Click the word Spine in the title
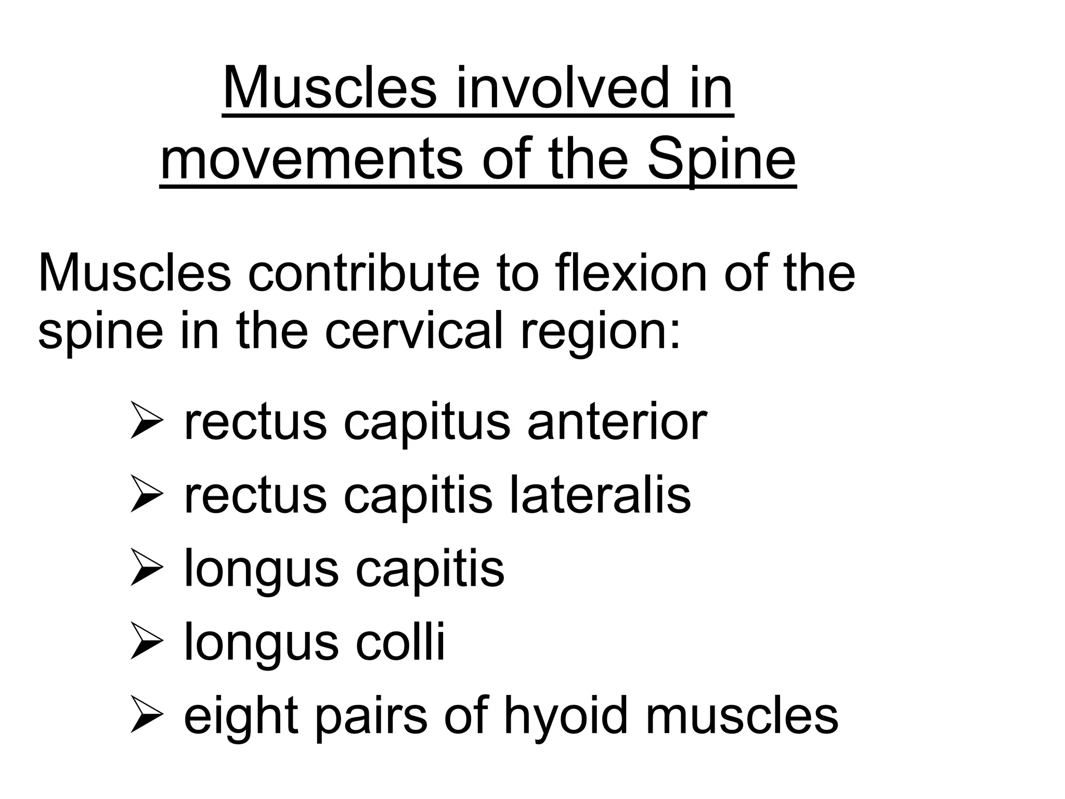pyautogui.click(x=721, y=157)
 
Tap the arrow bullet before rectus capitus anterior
pyautogui.click(x=148, y=420)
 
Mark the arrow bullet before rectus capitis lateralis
pyautogui.click(x=148, y=494)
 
